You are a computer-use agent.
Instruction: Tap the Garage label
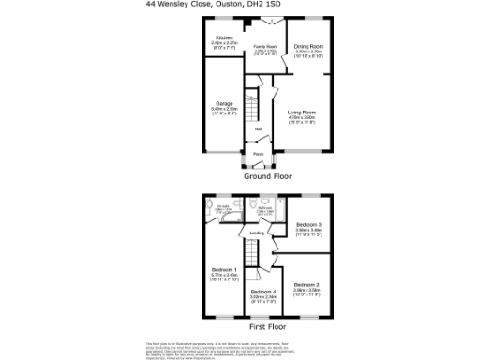click(x=224, y=103)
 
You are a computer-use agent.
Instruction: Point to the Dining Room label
click(x=309, y=45)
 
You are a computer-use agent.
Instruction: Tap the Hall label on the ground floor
click(x=257, y=129)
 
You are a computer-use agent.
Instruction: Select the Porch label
click(x=257, y=154)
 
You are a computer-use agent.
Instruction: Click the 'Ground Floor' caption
click(x=268, y=176)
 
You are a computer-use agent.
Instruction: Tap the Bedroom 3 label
click(x=308, y=226)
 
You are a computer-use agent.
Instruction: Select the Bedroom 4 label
click(x=262, y=292)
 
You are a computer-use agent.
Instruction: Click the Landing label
click(x=256, y=234)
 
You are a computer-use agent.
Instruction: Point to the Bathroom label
click(x=262, y=209)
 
